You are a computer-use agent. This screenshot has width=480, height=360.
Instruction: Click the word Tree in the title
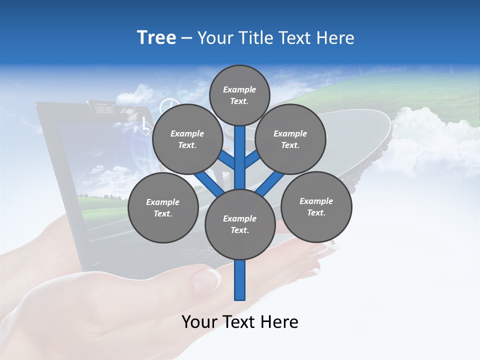(156, 38)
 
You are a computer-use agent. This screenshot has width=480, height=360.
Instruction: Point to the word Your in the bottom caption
(200, 322)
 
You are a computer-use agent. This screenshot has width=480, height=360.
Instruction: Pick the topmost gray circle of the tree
(239, 95)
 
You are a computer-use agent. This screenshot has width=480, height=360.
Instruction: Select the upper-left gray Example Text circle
(187, 139)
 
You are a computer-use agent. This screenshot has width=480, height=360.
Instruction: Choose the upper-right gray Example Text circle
(290, 139)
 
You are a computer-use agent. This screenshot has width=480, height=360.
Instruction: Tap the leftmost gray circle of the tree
(163, 207)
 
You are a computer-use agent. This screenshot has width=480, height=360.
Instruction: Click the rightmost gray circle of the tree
(316, 206)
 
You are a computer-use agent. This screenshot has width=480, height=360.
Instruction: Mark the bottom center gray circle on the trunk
(240, 224)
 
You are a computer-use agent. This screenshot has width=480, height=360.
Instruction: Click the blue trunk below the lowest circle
(240, 280)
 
